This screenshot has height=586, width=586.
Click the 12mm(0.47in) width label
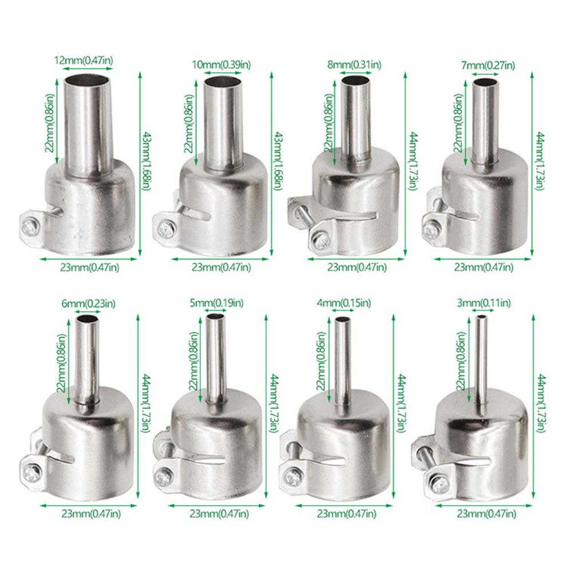tap(84, 60)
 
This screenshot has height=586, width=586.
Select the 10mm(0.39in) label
tap(221, 65)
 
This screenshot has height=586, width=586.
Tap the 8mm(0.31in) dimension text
tap(354, 65)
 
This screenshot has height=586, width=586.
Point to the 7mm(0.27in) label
tap(488, 66)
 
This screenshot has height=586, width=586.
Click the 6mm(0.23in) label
tap(88, 304)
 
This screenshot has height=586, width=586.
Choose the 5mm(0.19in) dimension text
tap(216, 303)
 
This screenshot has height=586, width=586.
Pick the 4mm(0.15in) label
tap(344, 303)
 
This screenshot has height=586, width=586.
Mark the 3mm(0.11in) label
tap(484, 303)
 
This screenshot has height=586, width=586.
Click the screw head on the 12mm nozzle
tap(29, 225)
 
